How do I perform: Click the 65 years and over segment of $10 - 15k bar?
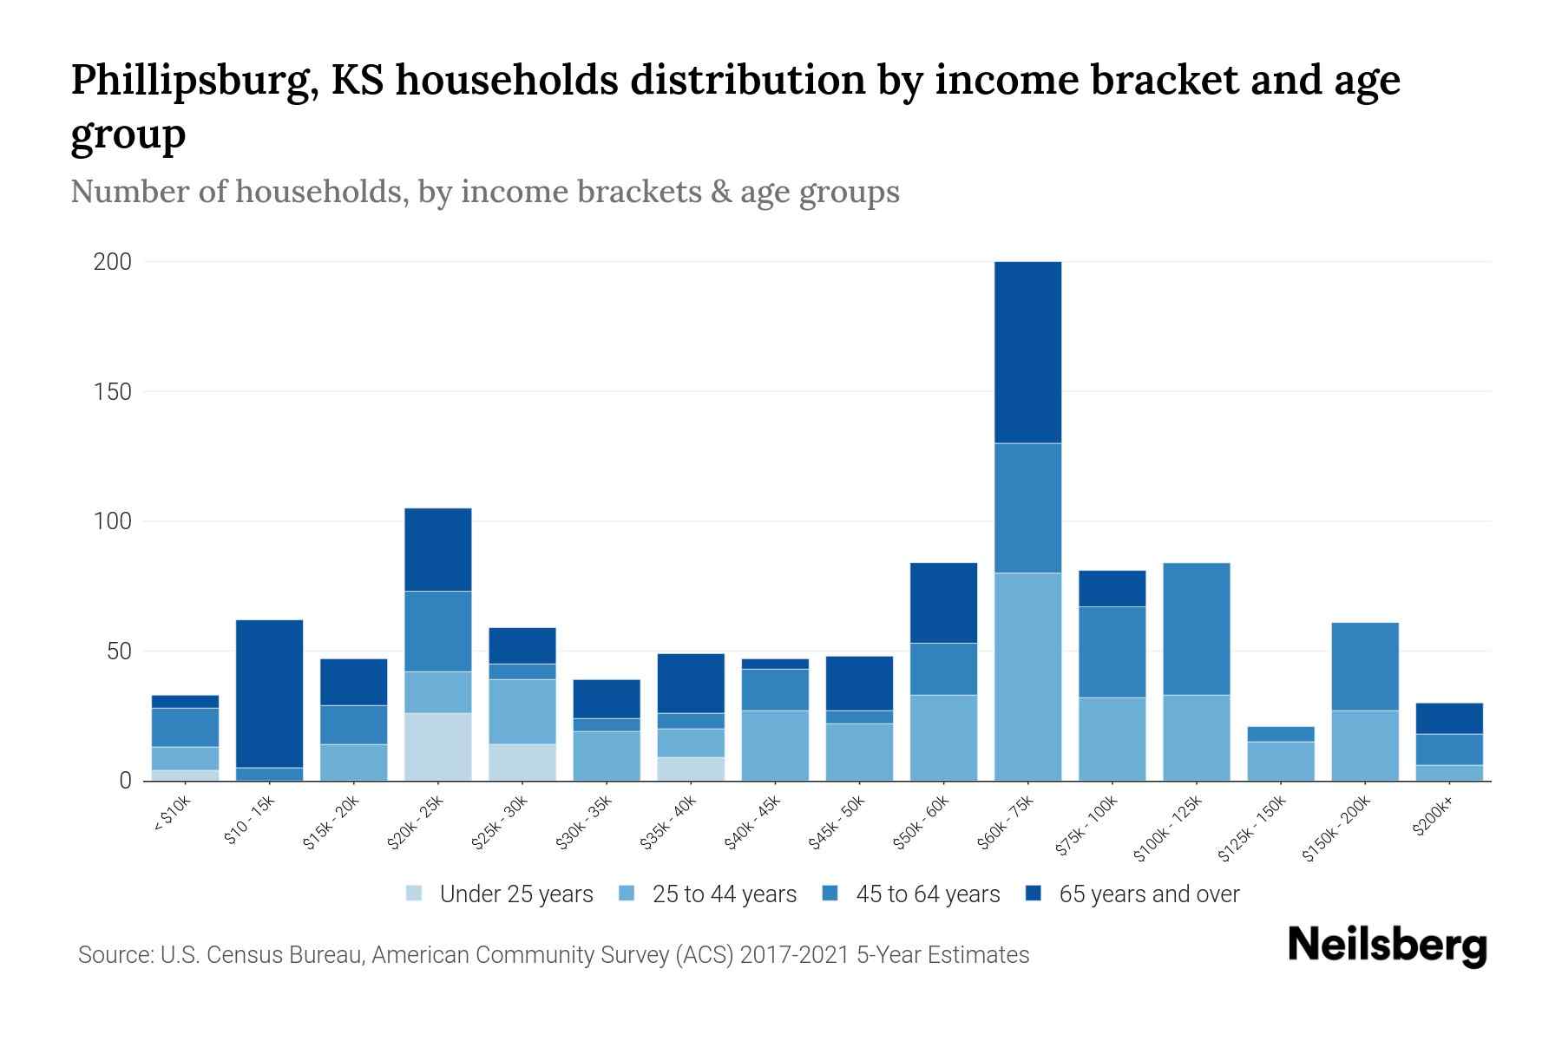[269, 693]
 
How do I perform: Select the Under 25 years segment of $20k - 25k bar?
[438, 746]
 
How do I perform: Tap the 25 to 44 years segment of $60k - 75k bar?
[1027, 677]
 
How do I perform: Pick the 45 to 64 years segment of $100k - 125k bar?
[1197, 629]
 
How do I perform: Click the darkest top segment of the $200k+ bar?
[1449, 718]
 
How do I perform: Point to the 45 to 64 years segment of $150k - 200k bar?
[1365, 666]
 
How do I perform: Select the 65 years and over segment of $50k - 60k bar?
[943, 603]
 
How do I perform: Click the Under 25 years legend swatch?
[415, 894]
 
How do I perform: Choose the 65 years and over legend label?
[1148, 894]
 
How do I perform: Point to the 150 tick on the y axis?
[113, 392]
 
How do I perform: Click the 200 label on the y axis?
[113, 262]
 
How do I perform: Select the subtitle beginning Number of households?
[484, 192]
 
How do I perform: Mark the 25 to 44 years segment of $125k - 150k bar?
[1281, 761]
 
